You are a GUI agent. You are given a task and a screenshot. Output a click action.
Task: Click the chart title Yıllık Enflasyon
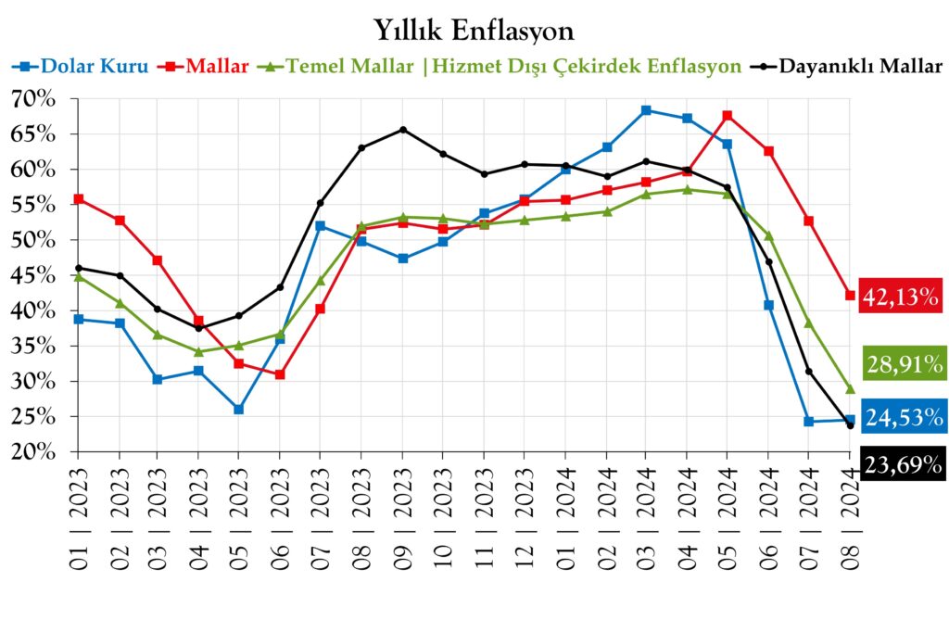(474, 30)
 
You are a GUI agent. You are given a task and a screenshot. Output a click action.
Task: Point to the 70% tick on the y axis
(32, 99)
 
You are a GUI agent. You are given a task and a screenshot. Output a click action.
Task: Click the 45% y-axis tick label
(32, 275)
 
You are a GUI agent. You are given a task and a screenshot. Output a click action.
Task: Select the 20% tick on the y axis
(32, 452)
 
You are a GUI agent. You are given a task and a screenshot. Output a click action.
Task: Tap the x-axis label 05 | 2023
(239, 505)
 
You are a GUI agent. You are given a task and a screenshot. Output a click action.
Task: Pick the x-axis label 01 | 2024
(565, 505)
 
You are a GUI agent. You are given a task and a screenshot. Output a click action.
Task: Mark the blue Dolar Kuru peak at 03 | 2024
(646, 110)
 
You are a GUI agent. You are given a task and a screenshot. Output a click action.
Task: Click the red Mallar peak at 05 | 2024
(728, 116)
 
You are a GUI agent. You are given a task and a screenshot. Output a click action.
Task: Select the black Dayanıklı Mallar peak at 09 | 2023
(402, 130)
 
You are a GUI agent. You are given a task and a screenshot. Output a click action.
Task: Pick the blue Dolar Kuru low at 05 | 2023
(239, 409)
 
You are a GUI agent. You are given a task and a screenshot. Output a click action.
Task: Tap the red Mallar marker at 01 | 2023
(77, 199)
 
